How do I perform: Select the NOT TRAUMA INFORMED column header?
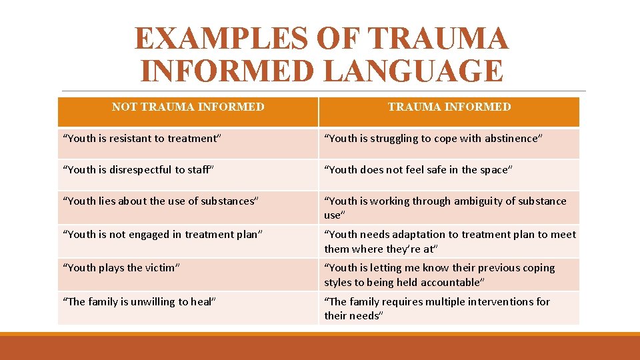click(188, 107)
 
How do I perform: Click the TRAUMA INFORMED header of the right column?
click(449, 107)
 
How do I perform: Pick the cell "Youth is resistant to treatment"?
click(142, 139)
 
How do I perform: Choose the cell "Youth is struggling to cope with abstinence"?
click(433, 139)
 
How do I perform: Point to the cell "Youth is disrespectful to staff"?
click(138, 170)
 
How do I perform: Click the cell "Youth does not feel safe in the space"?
click(418, 170)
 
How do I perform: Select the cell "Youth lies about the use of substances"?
click(160, 201)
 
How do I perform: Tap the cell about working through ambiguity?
click(445, 208)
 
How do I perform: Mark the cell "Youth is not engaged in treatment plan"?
click(163, 234)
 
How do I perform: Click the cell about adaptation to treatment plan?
click(450, 241)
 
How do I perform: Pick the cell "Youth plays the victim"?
click(122, 268)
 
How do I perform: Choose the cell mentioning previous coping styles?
click(439, 275)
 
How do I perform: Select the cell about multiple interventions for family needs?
click(437, 309)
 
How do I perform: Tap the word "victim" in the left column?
click(162, 268)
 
